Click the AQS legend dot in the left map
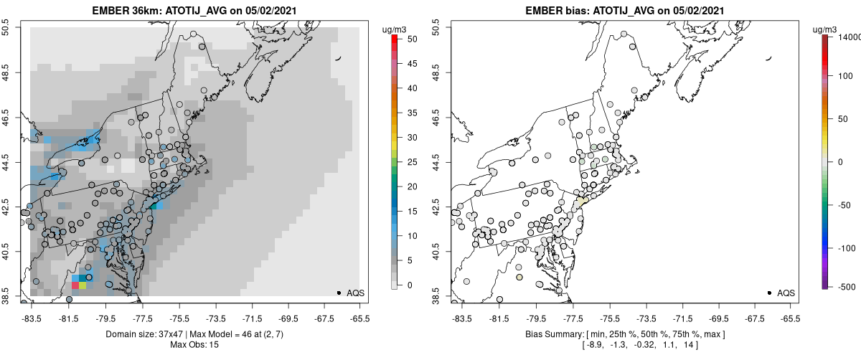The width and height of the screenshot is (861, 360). (x=338, y=293)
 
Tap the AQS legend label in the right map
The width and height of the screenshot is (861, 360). (x=786, y=293)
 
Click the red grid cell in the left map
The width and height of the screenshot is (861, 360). (x=75, y=285)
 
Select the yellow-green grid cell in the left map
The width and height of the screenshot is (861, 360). (x=83, y=285)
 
